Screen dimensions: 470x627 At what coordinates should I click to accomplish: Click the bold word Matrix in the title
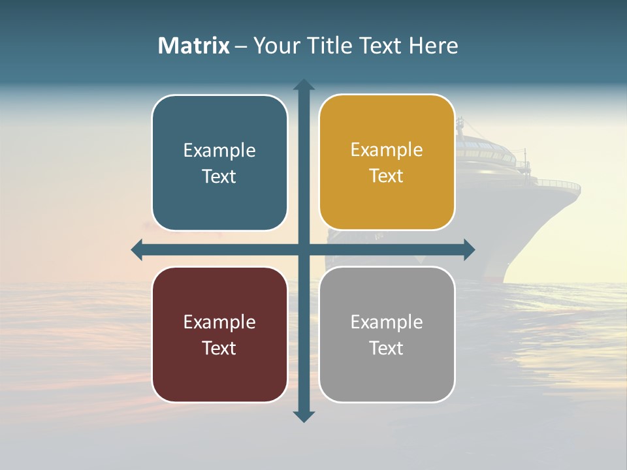point(194,46)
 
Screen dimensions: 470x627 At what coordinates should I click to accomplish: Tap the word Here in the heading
point(434,46)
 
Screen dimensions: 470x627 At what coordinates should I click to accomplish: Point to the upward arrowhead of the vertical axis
point(304,85)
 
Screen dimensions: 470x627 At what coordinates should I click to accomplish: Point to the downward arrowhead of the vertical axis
point(304,416)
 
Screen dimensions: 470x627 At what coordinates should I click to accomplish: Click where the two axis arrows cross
point(304,249)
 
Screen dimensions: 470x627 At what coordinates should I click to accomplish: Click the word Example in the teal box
point(219,151)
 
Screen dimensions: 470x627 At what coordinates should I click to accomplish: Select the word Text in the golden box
point(387,176)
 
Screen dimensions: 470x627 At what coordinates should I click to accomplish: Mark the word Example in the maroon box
point(219,322)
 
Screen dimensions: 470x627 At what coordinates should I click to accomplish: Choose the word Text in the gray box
point(387,348)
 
